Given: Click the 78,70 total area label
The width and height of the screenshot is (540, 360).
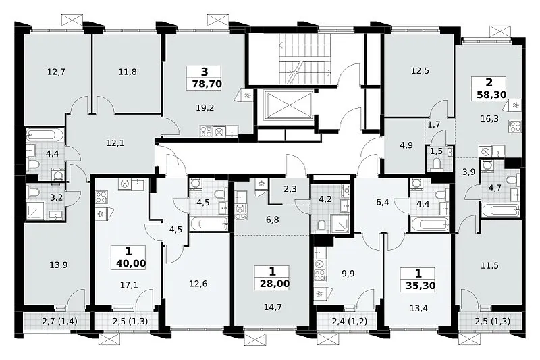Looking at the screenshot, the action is coord(205,84).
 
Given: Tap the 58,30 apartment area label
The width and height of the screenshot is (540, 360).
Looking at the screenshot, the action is coord(490,95).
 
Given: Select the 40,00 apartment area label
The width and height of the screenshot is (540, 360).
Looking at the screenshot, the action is coord(131,264).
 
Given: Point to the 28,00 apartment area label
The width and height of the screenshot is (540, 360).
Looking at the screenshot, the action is coord(273,284).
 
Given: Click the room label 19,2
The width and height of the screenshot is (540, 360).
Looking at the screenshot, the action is coord(205,108).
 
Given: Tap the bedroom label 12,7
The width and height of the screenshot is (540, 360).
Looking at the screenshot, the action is coord(57,72).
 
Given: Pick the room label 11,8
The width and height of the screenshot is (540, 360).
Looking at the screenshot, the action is coord(128,72).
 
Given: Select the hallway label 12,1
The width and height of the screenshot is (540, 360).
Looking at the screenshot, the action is coord(115,143).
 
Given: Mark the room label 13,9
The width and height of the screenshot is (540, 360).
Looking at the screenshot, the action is coord(58,265).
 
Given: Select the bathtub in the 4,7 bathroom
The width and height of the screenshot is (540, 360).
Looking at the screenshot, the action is coord(501,210).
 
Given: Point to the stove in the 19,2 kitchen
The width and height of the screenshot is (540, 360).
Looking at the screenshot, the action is coord(207,132).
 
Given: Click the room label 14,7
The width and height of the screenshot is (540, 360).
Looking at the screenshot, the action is coord(273,307).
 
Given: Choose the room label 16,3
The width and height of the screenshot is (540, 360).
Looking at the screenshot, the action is coord(489,119).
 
